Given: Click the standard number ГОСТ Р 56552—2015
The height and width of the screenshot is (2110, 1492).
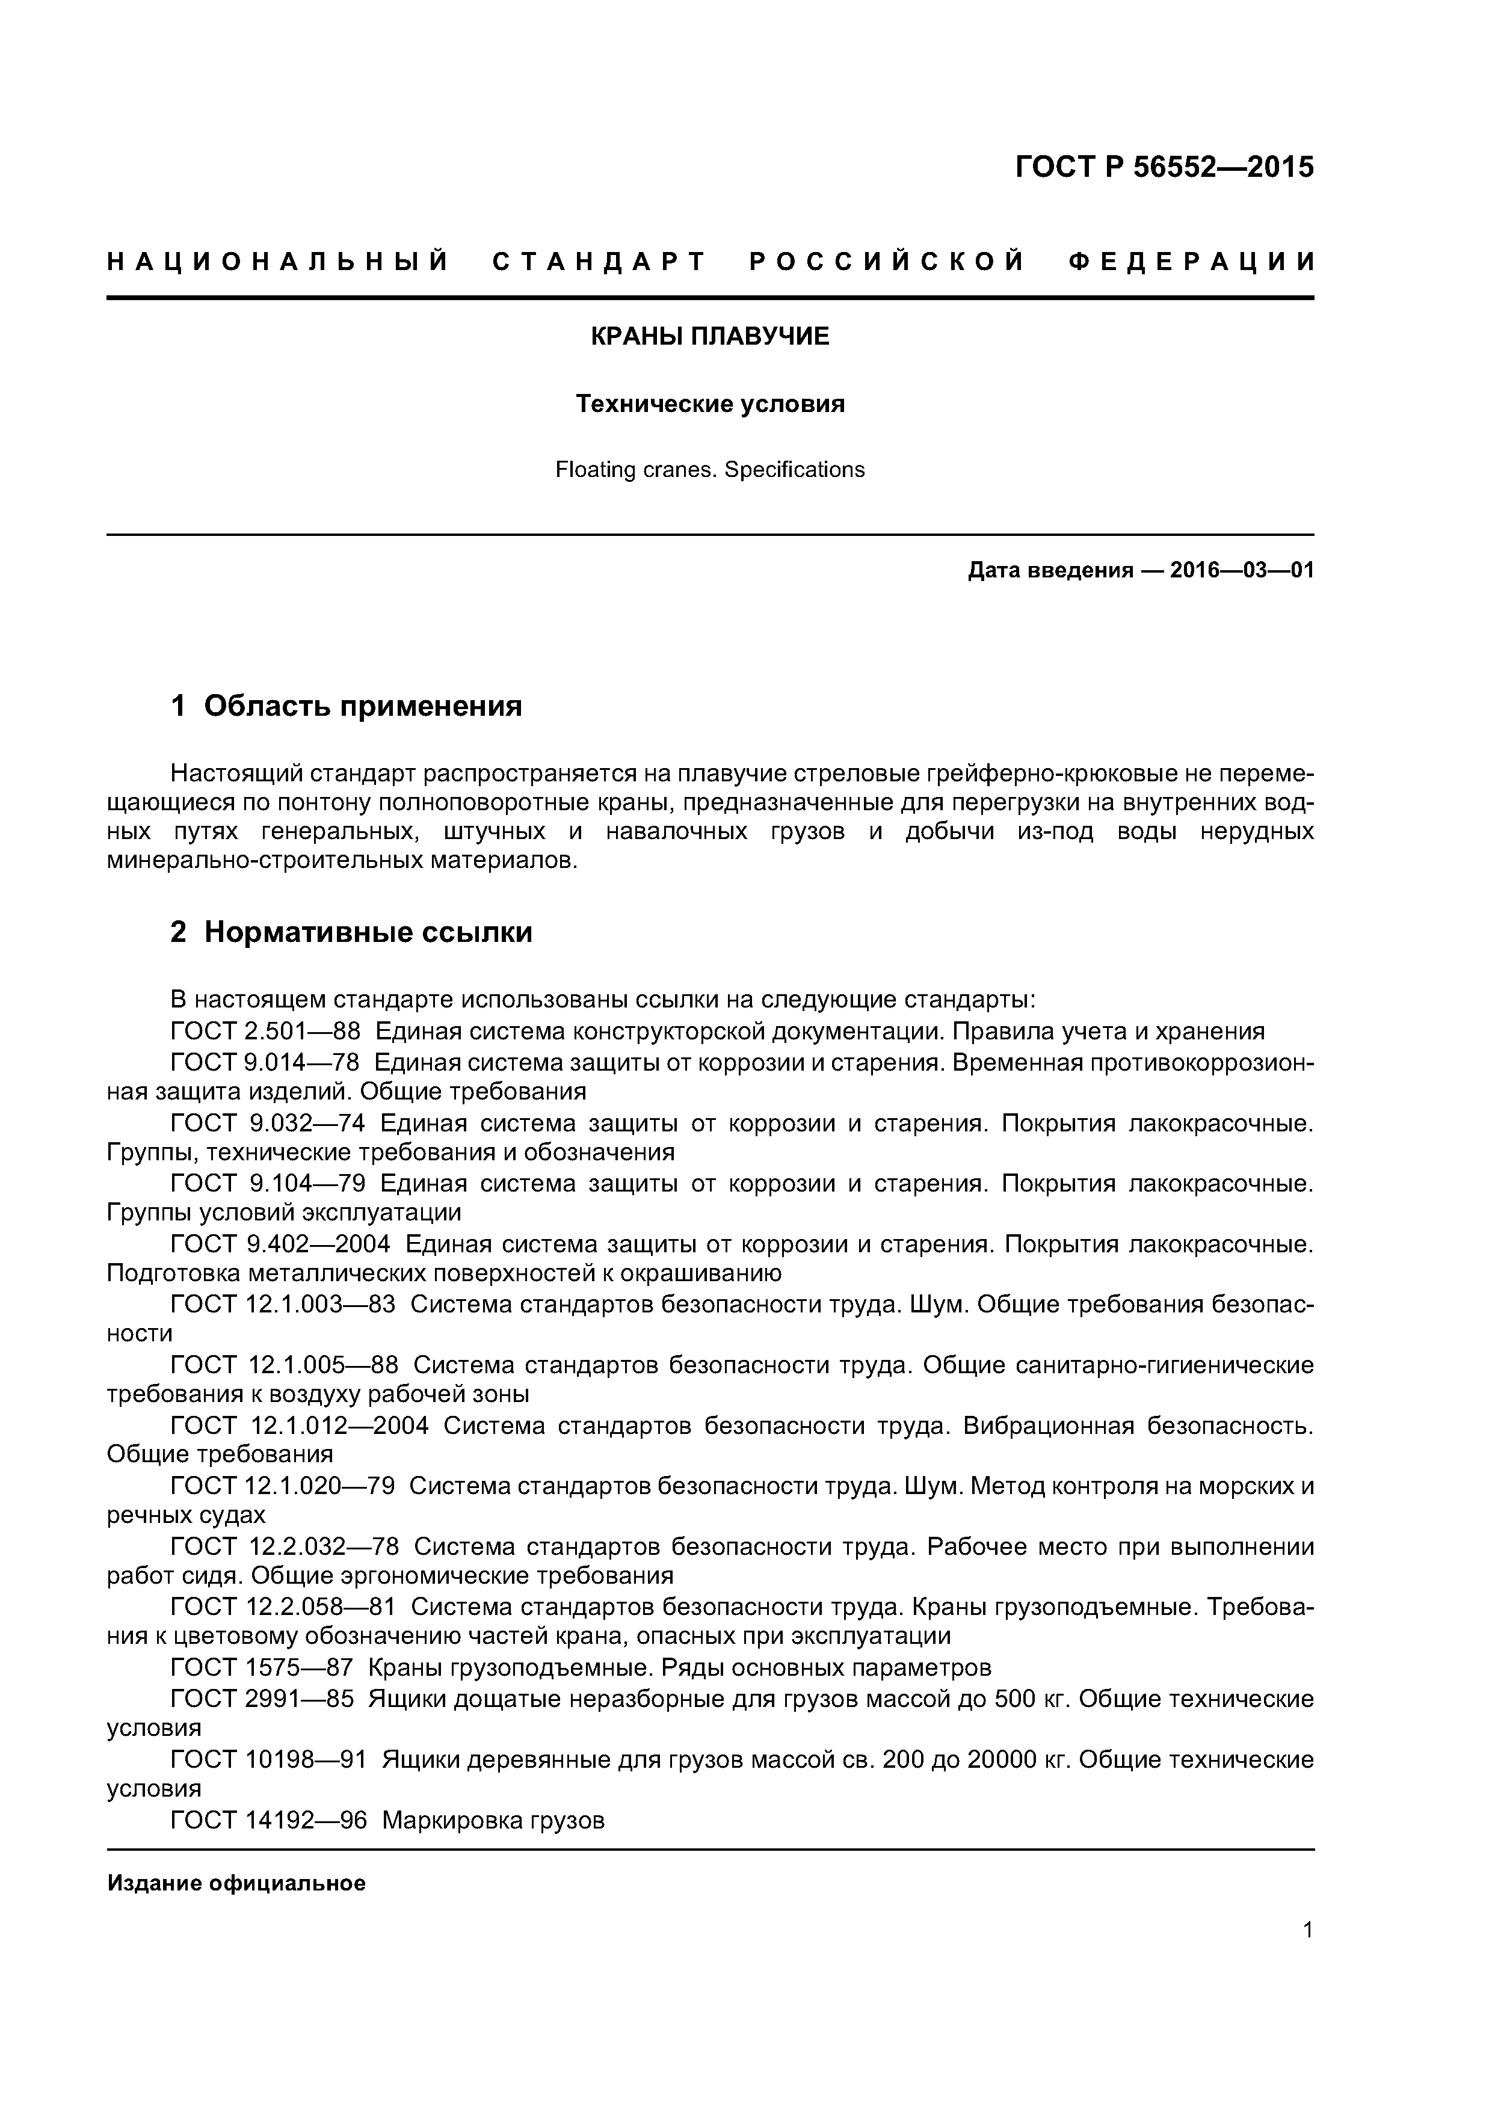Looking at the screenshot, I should point(1164,167).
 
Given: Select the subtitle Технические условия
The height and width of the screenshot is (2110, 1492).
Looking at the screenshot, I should point(710,404).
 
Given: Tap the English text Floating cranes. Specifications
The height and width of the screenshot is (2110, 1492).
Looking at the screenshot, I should point(710,470).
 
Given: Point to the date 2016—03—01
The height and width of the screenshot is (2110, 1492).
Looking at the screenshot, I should point(1242,571).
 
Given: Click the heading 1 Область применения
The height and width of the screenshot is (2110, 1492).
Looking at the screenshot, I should point(347,706).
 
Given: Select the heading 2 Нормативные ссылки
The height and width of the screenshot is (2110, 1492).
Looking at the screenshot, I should point(351,932).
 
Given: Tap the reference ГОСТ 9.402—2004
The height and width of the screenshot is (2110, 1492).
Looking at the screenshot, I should point(280,1244).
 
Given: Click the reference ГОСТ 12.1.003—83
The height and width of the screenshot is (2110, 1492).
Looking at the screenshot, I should point(283,1305).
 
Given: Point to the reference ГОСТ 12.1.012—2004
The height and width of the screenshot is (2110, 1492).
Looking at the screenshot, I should point(300,1426).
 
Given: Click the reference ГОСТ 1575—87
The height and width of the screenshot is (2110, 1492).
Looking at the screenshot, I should point(262,1668).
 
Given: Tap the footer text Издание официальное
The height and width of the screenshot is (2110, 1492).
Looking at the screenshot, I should point(236,1884).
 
